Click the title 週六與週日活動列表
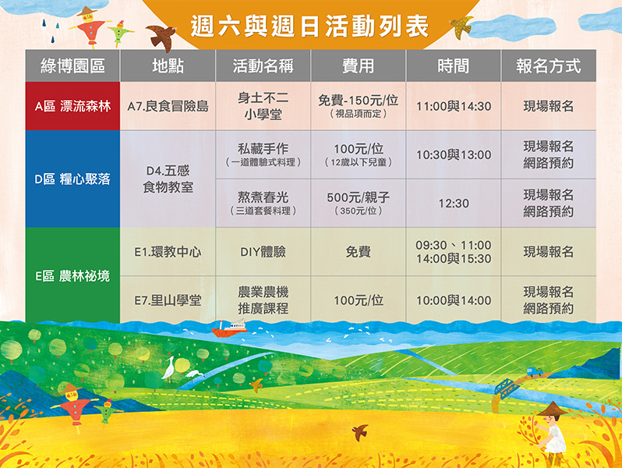click(309, 27)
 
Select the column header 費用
click(359, 66)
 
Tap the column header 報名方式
click(549, 66)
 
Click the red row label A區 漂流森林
click(72, 106)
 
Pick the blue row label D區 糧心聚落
click(72, 179)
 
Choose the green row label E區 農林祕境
click(72, 275)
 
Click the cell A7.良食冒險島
click(168, 106)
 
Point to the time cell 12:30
click(454, 204)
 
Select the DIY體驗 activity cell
click(263, 252)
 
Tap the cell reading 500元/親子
click(359, 197)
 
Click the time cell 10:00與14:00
click(454, 300)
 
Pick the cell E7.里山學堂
click(168, 300)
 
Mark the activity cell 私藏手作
click(263, 148)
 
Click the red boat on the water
click(229, 328)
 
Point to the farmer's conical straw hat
click(552, 409)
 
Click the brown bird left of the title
click(162, 37)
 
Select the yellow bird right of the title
click(461, 27)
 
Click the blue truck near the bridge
click(535, 371)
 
